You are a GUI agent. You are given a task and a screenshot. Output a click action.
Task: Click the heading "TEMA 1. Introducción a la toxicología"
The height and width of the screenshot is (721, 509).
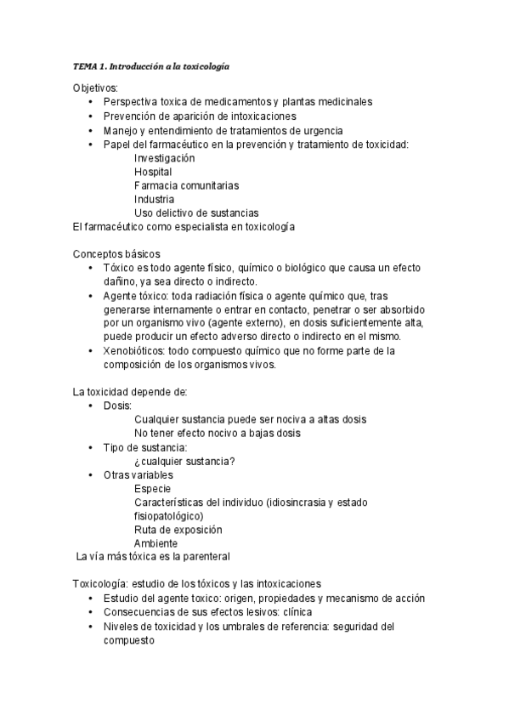pyautogui.click(x=150, y=65)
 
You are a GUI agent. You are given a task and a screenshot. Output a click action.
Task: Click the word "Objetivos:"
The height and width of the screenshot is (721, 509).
pyautogui.click(x=96, y=88)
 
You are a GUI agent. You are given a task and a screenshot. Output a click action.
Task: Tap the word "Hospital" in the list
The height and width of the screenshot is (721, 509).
pyautogui.click(x=153, y=172)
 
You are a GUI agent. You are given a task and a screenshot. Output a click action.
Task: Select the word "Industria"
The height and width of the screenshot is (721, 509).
pyautogui.click(x=154, y=199)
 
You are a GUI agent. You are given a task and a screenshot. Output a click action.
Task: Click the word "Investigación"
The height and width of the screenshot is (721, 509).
pyautogui.click(x=164, y=158)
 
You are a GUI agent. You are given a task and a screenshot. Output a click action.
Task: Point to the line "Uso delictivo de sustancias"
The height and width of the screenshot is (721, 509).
pyautogui.click(x=196, y=213)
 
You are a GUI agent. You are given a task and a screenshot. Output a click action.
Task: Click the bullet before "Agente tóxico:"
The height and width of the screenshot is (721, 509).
pyautogui.click(x=92, y=296)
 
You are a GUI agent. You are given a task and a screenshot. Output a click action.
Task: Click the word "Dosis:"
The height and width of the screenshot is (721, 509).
pyautogui.click(x=117, y=406)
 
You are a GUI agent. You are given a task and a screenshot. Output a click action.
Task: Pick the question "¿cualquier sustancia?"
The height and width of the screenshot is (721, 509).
pyautogui.click(x=184, y=461)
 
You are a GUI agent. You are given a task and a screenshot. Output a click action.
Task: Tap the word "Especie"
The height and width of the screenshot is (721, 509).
pyautogui.click(x=152, y=488)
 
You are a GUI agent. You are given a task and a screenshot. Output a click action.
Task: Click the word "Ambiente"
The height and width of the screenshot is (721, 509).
pyautogui.click(x=156, y=542)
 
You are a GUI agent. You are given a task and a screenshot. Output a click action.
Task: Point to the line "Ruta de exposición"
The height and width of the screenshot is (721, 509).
pyautogui.click(x=178, y=529)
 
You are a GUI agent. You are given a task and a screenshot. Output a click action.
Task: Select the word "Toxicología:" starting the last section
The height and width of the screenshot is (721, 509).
pyautogui.click(x=101, y=583)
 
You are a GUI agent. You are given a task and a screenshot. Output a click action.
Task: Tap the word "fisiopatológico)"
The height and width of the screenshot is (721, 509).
pyautogui.click(x=168, y=515)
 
